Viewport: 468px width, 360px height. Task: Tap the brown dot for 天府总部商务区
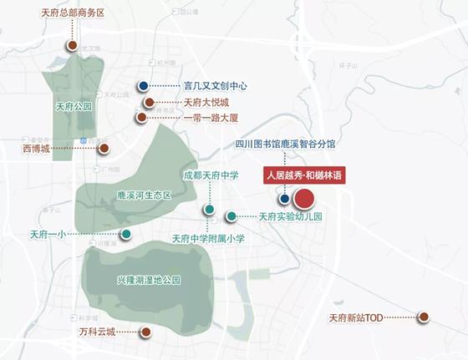[73, 45]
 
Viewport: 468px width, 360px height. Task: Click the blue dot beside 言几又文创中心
[145, 86]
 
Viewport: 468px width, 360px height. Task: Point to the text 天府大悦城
[206, 102]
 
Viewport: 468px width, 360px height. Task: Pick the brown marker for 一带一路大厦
[141, 118]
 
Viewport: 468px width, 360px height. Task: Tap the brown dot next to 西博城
[104, 149]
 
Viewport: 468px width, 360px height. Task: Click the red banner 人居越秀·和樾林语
[305, 175]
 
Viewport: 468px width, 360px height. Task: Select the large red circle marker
[303, 199]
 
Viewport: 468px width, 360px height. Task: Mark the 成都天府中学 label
[211, 176]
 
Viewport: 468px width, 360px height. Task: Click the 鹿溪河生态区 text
[144, 195]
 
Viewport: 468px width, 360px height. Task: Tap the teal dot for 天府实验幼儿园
[231, 216]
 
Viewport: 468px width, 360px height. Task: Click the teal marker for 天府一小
[126, 234]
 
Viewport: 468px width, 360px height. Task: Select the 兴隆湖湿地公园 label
[149, 280]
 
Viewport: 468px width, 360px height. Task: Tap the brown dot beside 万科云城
[145, 332]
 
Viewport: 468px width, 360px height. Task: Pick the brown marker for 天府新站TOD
[424, 317]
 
